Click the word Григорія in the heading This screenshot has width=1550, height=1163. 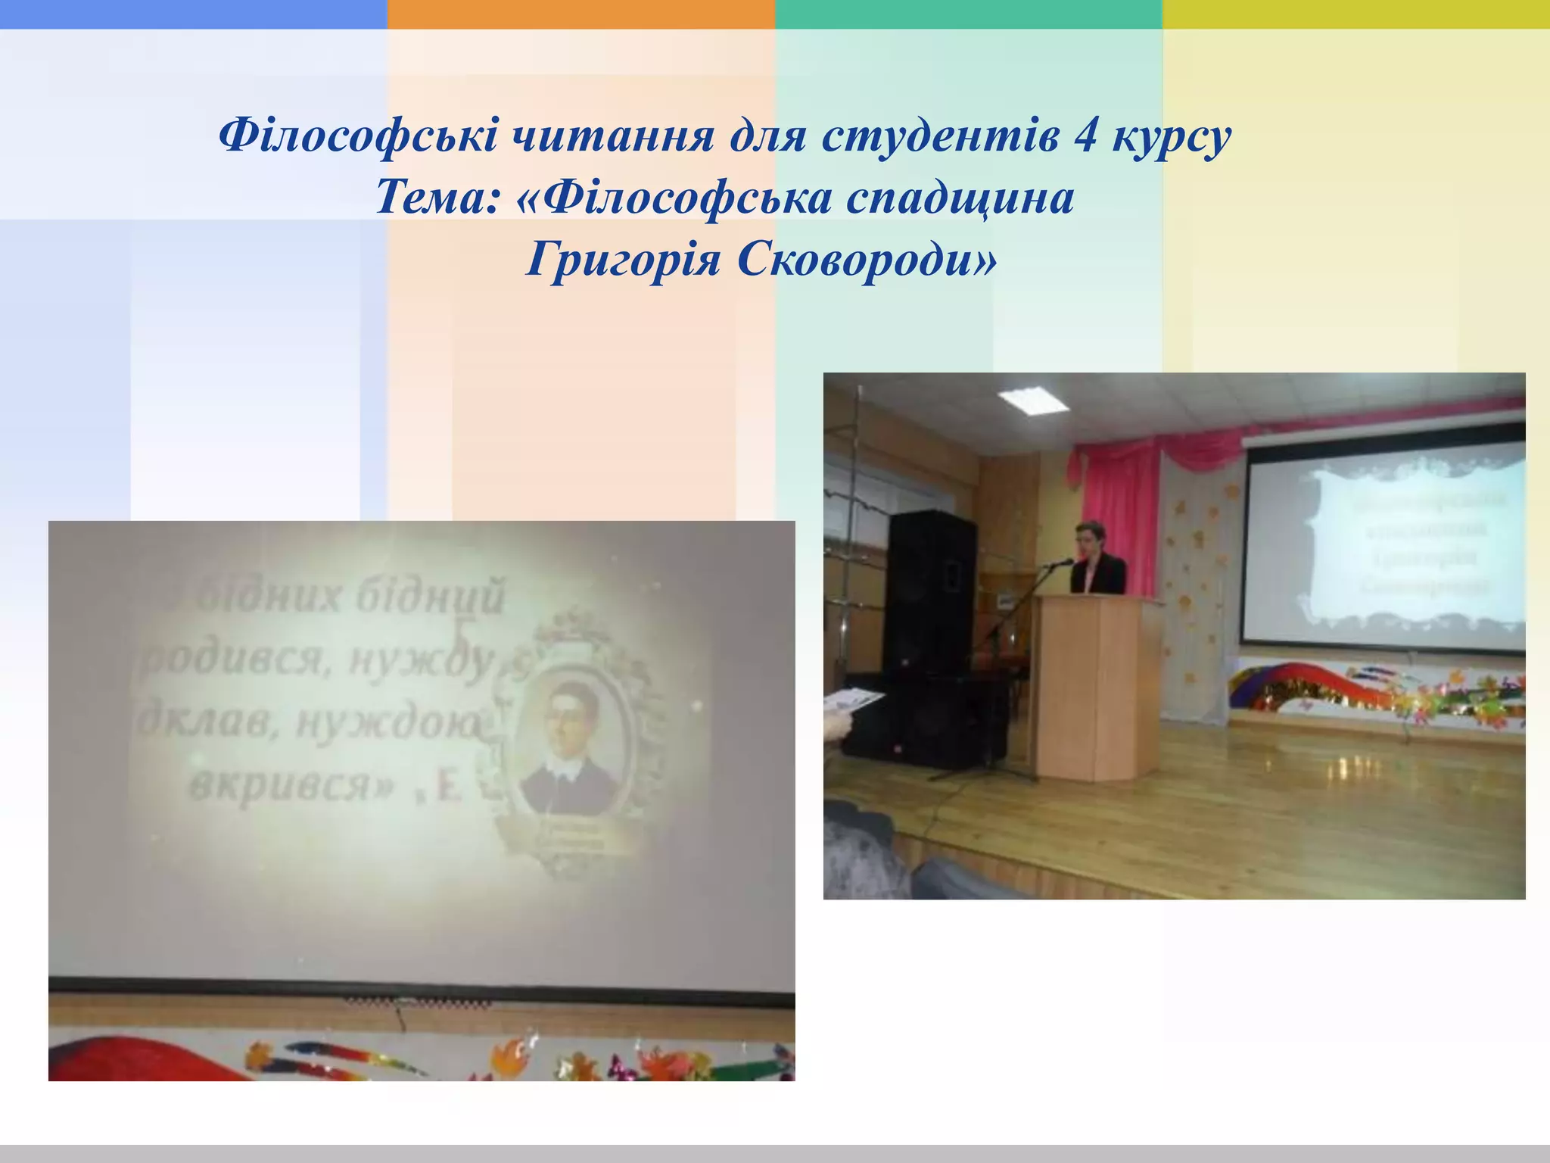tap(623, 260)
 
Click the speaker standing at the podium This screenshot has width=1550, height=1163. tap(1096, 560)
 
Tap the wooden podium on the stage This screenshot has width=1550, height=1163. tap(1097, 685)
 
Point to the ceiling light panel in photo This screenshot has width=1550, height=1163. tap(1033, 399)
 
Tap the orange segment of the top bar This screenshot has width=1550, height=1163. tap(580, 14)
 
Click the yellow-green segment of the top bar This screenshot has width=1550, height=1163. tap(1355, 14)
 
